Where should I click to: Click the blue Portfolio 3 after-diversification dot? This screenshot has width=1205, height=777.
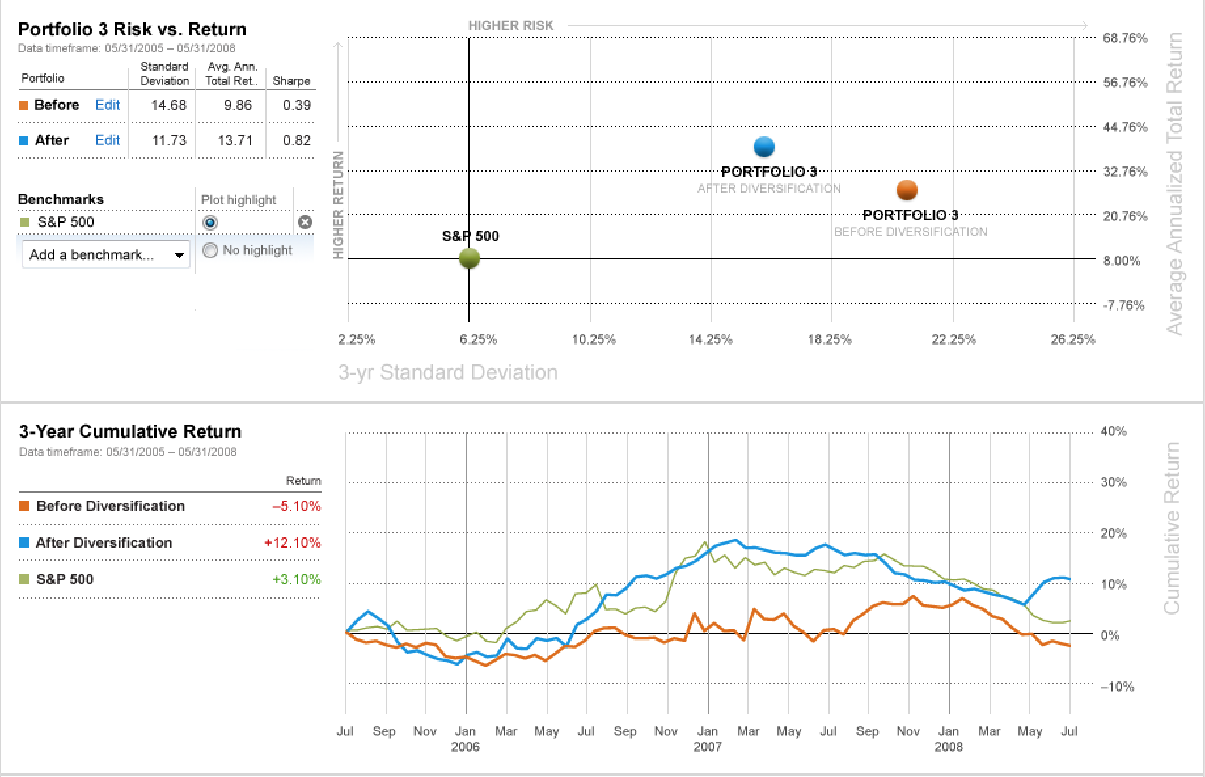tap(764, 147)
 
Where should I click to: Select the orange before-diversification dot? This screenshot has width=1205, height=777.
tap(906, 190)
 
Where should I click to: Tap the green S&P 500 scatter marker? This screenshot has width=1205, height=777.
tap(470, 258)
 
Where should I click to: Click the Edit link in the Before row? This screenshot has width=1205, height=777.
tap(107, 105)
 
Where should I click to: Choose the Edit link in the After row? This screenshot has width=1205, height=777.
tap(107, 140)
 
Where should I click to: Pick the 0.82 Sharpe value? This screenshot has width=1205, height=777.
tap(297, 140)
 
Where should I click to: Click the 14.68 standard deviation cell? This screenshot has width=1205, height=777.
tap(168, 105)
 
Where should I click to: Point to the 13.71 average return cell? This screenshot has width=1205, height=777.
tap(235, 140)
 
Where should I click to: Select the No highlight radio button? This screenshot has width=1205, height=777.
tap(210, 250)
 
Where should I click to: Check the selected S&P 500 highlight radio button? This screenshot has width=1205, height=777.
tap(210, 223)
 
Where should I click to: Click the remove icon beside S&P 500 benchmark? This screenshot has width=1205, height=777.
tap(305, 222)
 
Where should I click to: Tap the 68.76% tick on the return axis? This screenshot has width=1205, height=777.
tap(1125, 38)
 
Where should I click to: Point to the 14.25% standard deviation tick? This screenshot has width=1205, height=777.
tap(710, 339)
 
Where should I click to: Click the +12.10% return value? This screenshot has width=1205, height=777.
tap(292, 542)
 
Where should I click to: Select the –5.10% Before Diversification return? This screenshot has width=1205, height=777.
tap(296, 506)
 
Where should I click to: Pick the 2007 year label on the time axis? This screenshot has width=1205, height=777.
tap(707, 747)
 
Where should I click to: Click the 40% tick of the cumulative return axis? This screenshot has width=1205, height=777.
tap(1113, 431)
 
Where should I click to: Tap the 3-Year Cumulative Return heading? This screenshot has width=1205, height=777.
tap(130, 431)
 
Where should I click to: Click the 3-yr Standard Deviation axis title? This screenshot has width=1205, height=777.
tap(448, 372)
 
